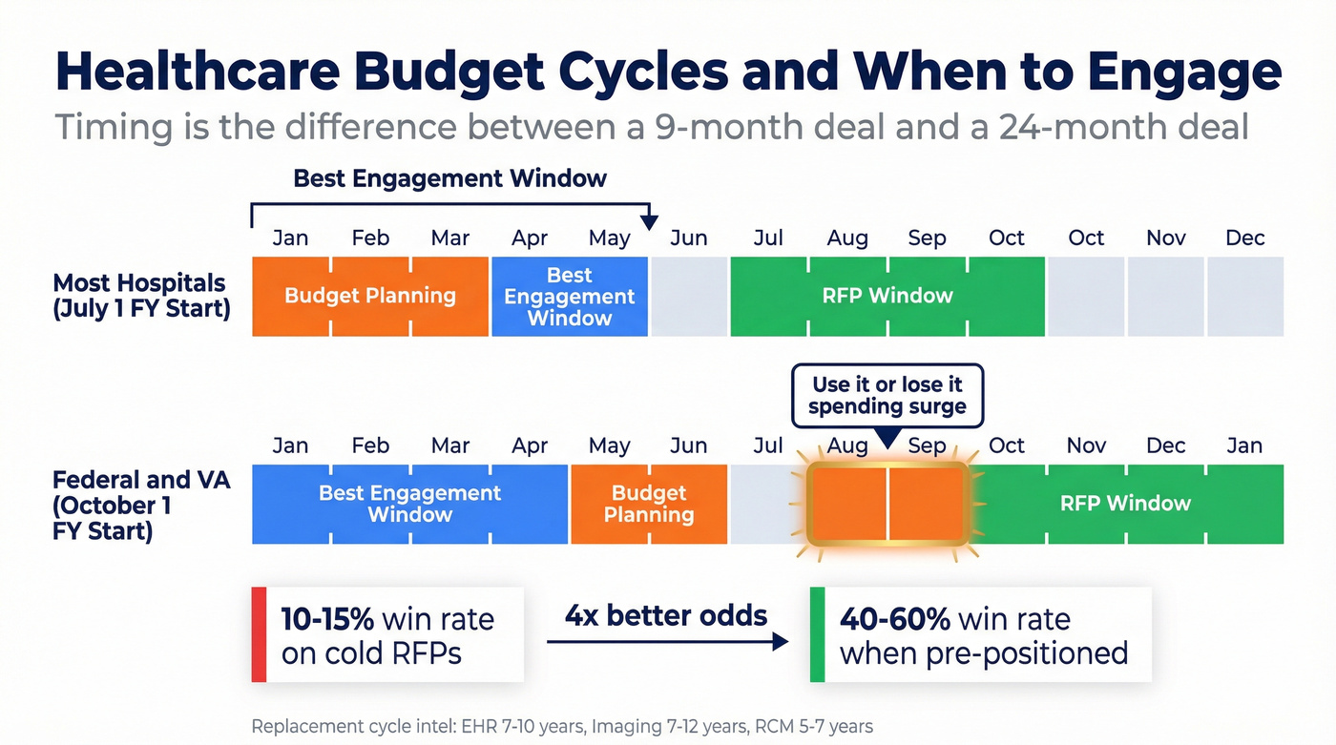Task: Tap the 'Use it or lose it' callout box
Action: pyautogui.click(x=887, y=395)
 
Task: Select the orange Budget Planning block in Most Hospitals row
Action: pyautogui.click(x=370, y=296)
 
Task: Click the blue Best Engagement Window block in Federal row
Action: pyautogui.click(x=409, y=504)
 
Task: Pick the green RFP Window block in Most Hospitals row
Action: pyautogui.click(x=887, y=296)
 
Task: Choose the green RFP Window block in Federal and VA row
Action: pyautogui.click(x=1126, y=504)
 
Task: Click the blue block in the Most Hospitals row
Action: pyautogui.click(x=570, y=296)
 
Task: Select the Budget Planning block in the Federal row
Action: pyautogui.click(x=649, y=504)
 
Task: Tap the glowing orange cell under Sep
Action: pyautogui.click(x=927, y=504)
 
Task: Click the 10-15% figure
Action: pyautogui.click(x=326, y=619)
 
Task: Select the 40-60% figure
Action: pyautogui.click(x=894, y=619)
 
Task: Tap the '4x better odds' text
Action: pyautogui.click(x=666, y=615)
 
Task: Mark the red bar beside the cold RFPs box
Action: pyautogui.click(x=259, y=634)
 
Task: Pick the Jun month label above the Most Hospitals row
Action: pyautogui.click(x=688, y=238)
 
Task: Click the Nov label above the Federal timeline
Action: pyautogui.click(x=1086, y=445)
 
